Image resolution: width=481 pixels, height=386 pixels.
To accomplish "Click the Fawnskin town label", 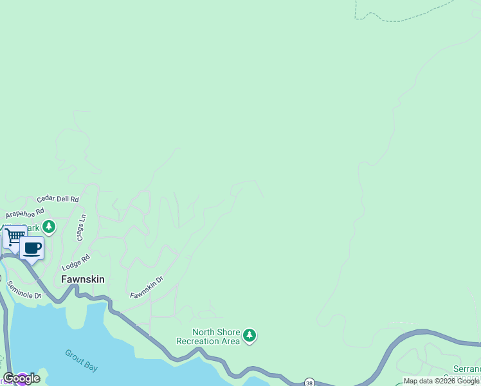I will click(82, 279).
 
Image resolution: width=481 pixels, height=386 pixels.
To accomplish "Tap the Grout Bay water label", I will click(81, 360).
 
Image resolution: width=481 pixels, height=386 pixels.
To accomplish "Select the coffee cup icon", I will click(32, 248).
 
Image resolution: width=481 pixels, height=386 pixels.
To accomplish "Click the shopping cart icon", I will click(14, 236).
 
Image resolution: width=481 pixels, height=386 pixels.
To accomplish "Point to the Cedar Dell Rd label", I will click(57, 199).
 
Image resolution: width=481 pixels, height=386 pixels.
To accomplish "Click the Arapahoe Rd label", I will click(24, 213).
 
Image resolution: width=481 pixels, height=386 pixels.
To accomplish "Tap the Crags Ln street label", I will click(82, 227).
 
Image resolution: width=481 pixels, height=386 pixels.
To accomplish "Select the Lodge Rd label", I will click(76, 262).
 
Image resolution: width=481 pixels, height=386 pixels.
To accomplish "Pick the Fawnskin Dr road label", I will click(147, 287).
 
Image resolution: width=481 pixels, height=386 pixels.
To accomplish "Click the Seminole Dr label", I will click(24, 289).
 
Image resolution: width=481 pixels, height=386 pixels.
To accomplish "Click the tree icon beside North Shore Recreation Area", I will click(250, 335).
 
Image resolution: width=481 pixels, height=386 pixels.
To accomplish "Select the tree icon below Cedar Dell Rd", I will click(49, 226).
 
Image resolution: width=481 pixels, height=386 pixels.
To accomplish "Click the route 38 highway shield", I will click(310, 381).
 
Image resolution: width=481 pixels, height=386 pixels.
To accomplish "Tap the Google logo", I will click(21, 378).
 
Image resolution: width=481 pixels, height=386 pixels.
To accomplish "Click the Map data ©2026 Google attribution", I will click(441, 381).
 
